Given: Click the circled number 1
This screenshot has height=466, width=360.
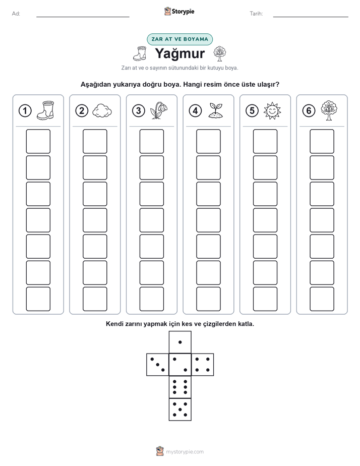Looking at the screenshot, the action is point(25,111).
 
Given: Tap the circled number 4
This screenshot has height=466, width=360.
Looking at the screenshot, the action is point(195,111).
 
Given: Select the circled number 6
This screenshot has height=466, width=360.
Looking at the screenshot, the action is point(309,111).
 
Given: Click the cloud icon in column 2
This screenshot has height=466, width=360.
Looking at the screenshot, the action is point(102,111).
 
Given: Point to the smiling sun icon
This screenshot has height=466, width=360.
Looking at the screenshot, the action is point(272,111).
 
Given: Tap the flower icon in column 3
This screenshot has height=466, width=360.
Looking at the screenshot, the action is point(159,110).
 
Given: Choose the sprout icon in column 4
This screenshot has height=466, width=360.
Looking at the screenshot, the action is point(216,110).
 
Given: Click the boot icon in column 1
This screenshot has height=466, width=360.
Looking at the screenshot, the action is point(45,110).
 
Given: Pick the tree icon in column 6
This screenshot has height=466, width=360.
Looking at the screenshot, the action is point(329,110).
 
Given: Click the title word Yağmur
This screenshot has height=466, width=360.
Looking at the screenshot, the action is point(179,54).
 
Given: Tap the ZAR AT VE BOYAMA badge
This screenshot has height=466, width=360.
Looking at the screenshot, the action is point(179,39).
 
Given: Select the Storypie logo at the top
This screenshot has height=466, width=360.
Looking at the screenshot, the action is point(179,12).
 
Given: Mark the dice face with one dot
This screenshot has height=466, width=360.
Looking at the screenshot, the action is point(180,342).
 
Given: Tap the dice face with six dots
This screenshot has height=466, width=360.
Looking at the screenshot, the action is point(180,387).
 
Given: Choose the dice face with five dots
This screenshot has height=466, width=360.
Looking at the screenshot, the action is point(180,410).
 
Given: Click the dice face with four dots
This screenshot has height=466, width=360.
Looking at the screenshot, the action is point(203,365).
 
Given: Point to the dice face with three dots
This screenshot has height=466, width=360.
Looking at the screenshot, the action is point(157,365).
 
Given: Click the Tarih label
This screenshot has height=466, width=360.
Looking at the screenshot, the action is point(256,14).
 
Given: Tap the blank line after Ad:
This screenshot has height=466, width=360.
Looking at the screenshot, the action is point(83,17).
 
